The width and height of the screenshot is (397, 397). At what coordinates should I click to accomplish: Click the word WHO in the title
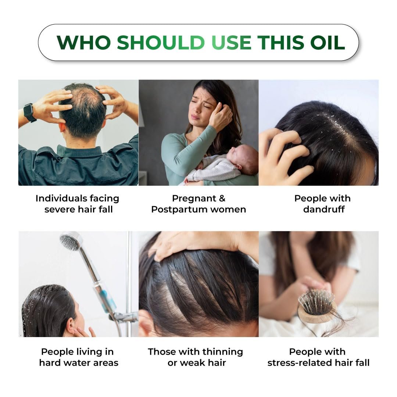click(84, 42)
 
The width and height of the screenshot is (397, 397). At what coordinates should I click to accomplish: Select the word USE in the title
click(231, 42)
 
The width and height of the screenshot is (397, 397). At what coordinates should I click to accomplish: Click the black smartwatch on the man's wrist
click(30, 113)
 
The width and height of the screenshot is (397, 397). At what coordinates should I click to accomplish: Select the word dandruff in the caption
click(324, 210)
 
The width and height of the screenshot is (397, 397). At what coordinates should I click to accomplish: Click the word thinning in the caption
click(222, 352)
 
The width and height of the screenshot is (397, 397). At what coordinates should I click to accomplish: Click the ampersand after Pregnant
click(222, 198)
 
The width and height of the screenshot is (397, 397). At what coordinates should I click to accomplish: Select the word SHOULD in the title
click(161, 42)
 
